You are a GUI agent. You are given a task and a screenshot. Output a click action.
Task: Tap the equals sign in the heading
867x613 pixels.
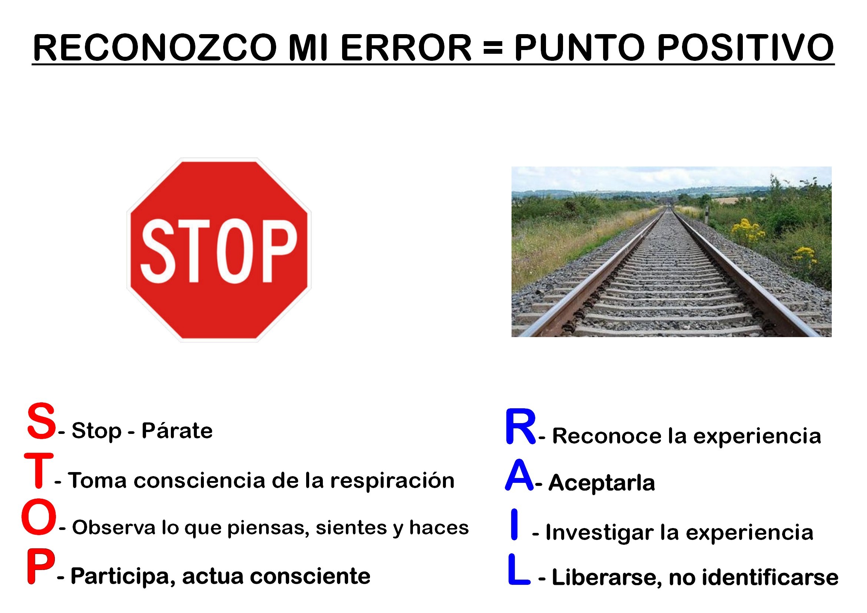tap(492, 47)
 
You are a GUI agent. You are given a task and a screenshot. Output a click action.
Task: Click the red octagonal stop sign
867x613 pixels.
tap(219, 250)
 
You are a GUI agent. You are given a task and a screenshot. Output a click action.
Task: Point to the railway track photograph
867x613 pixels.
tap(671, 251)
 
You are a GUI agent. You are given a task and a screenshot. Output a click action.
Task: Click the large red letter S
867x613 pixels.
tap(41, 421)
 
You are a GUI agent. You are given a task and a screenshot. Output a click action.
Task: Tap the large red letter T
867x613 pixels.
tap(39, 470)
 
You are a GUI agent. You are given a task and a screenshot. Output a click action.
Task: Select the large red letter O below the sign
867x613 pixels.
tap(39, 516)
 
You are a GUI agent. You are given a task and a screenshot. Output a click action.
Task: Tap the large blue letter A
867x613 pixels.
tap(520, 475)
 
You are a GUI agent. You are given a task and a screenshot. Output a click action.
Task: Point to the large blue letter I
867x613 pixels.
tap(514, 524)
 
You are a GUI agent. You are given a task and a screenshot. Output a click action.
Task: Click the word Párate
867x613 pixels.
tap(177, 430)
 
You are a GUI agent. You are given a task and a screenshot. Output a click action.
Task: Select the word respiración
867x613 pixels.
tap(392, 481)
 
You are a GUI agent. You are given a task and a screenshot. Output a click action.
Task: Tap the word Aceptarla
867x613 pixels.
tap(602, 483)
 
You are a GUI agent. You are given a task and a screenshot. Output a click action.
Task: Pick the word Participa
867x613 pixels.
tap(123, 577)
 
